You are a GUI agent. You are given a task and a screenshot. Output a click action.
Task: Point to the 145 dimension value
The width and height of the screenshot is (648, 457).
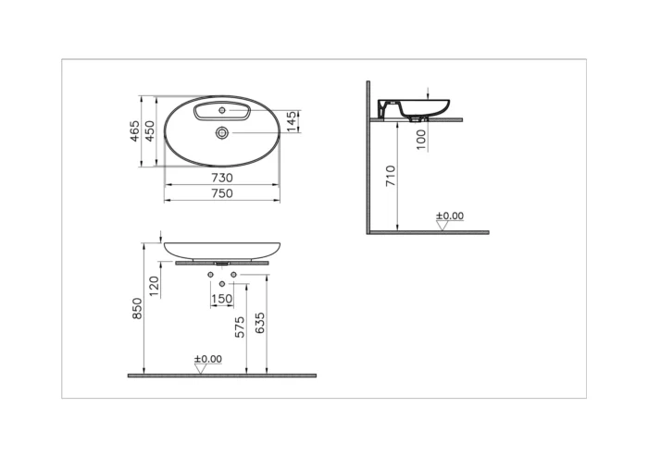click(x=293, y=121)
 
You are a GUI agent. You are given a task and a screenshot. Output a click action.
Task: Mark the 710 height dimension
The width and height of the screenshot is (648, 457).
click(x=390, y=176)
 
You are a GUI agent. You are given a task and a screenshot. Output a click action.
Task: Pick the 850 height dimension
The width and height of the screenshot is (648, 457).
click(x=137, y=309)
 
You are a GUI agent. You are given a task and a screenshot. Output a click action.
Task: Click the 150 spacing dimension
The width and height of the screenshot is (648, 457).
click(x=222, y=299)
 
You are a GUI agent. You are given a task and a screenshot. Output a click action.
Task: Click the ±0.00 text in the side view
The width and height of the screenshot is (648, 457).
click(x=450, y=216)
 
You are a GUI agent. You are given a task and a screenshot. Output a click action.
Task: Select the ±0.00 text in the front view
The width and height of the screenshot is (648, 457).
click(x=207, y=359)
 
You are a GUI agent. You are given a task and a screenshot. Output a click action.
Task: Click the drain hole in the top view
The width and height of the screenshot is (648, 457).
click(x=222, y=133)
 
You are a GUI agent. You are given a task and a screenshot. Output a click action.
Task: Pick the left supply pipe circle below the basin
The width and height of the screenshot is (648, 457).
click(x=212, y=276)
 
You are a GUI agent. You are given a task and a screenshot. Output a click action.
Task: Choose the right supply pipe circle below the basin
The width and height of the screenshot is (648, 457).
click(x=233, y=276)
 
